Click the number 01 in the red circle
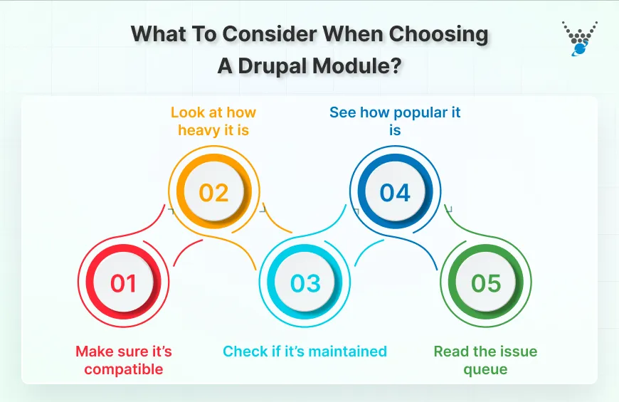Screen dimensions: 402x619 coord(123,283)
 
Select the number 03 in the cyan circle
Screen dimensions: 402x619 coord(305,283)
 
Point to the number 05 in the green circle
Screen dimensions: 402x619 coord(487,283)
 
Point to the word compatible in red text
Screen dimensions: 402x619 coord(124,369)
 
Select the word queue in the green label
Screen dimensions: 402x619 coord(485,369)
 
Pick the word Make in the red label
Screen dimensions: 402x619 coord(92,351)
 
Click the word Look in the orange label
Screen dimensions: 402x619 coord(188,112)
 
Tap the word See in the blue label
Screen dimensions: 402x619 coord(342,112)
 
